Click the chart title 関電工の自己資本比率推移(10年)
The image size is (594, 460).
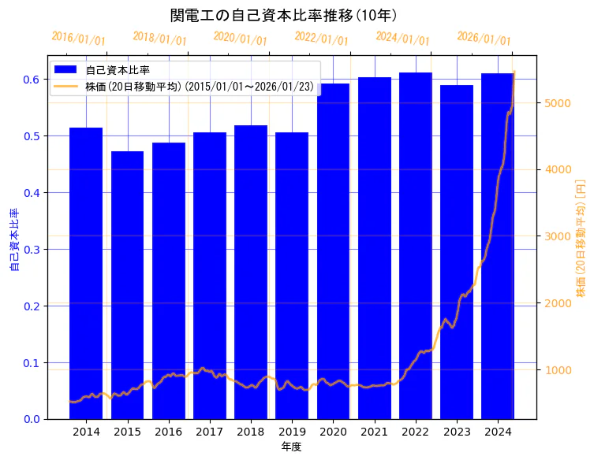(284, 16)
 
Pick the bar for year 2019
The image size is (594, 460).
(292, 275)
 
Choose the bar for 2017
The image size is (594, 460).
(210, 275)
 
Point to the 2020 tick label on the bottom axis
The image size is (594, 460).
(333, 432)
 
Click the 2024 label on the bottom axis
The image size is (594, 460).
(498, 432)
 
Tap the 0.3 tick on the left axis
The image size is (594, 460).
(31, 249)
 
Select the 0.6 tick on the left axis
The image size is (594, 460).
(31, 80)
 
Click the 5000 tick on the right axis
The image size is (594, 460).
(554, 103)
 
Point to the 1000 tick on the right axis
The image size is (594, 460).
(554, 370)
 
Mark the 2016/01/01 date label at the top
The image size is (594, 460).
(77, 39)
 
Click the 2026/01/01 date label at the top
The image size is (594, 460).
(484, 39)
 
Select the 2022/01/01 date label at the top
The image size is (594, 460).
(321, 39)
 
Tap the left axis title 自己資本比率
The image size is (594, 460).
(13, 240)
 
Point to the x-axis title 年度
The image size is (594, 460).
(291, 447)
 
